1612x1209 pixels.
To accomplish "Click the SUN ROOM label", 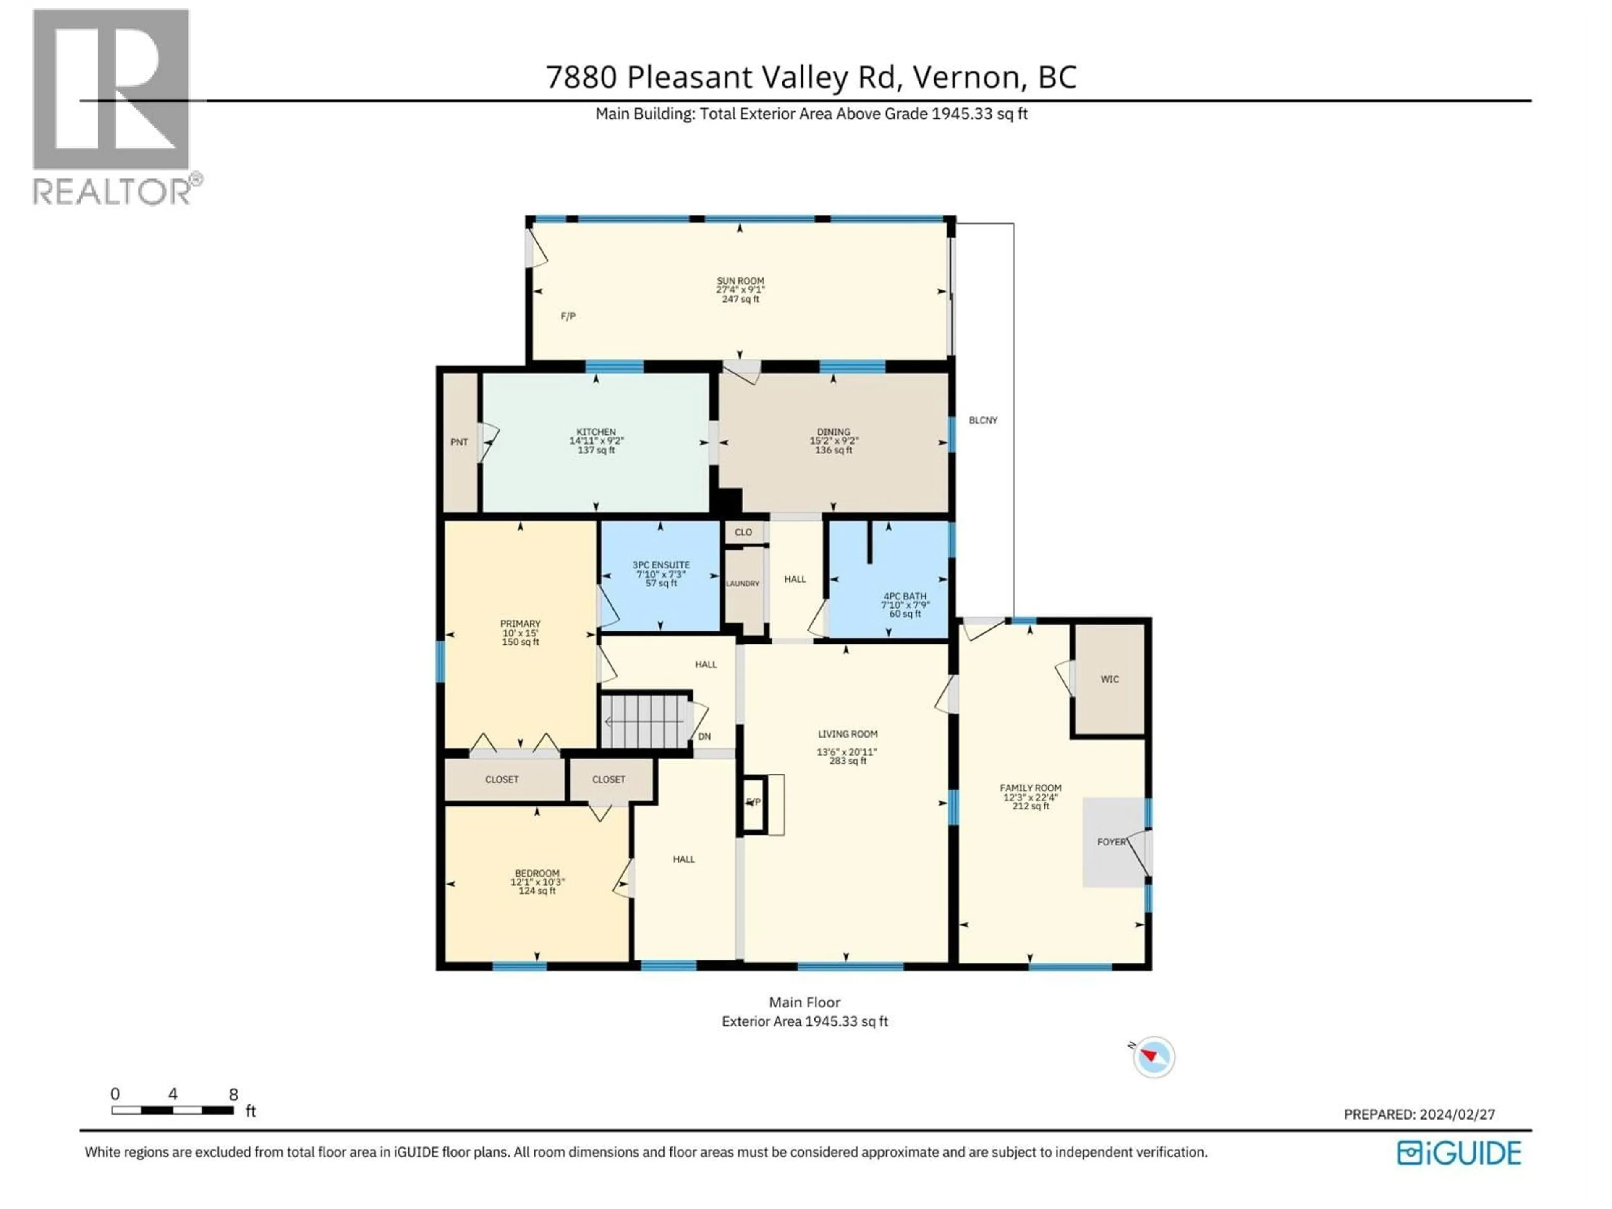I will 740,280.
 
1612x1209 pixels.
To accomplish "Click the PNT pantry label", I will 459,442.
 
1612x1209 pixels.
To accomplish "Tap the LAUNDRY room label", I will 743,584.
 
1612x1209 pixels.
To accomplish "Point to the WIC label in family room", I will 1109,679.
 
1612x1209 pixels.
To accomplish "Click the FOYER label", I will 1111,842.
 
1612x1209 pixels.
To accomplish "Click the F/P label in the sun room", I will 568,316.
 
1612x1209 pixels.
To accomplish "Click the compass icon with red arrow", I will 1154,1057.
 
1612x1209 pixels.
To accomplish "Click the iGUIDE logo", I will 1459,1152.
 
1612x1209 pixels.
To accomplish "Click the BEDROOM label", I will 536,873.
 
